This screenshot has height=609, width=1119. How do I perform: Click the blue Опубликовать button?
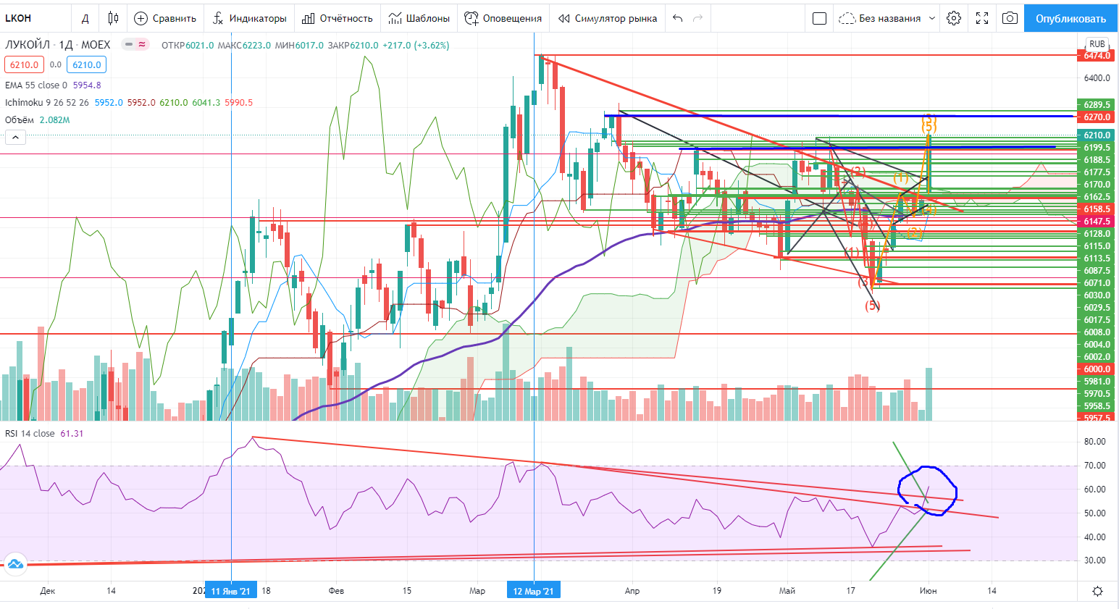(1070, 18)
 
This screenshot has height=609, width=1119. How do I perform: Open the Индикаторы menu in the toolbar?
(250, 18)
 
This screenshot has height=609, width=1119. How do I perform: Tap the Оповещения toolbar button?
(503, 18)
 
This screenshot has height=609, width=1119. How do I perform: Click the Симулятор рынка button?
(608, 18)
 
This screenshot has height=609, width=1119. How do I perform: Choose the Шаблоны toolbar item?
(419, 18)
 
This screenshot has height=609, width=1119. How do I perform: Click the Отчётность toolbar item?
(338, 18)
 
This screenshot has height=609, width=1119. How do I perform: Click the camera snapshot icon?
(1010, 18)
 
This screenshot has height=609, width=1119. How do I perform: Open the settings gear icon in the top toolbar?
(954, 18)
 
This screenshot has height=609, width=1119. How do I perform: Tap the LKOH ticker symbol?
(18, 18)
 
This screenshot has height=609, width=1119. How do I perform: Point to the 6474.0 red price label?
(1097, 56)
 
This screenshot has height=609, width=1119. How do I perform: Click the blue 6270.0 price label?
(1097, 117)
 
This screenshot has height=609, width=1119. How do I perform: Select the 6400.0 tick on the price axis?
(1097, 78)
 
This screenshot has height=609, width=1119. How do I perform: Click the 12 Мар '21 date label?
(533, 591)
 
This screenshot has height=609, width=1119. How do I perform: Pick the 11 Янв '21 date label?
(230, 591)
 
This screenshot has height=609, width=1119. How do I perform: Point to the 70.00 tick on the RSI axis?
(1094, 466)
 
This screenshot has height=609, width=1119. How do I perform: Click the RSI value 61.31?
(72, 434)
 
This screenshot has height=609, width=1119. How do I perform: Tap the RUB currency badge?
(1097, 44)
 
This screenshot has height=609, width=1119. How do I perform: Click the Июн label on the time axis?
(928, 591)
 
